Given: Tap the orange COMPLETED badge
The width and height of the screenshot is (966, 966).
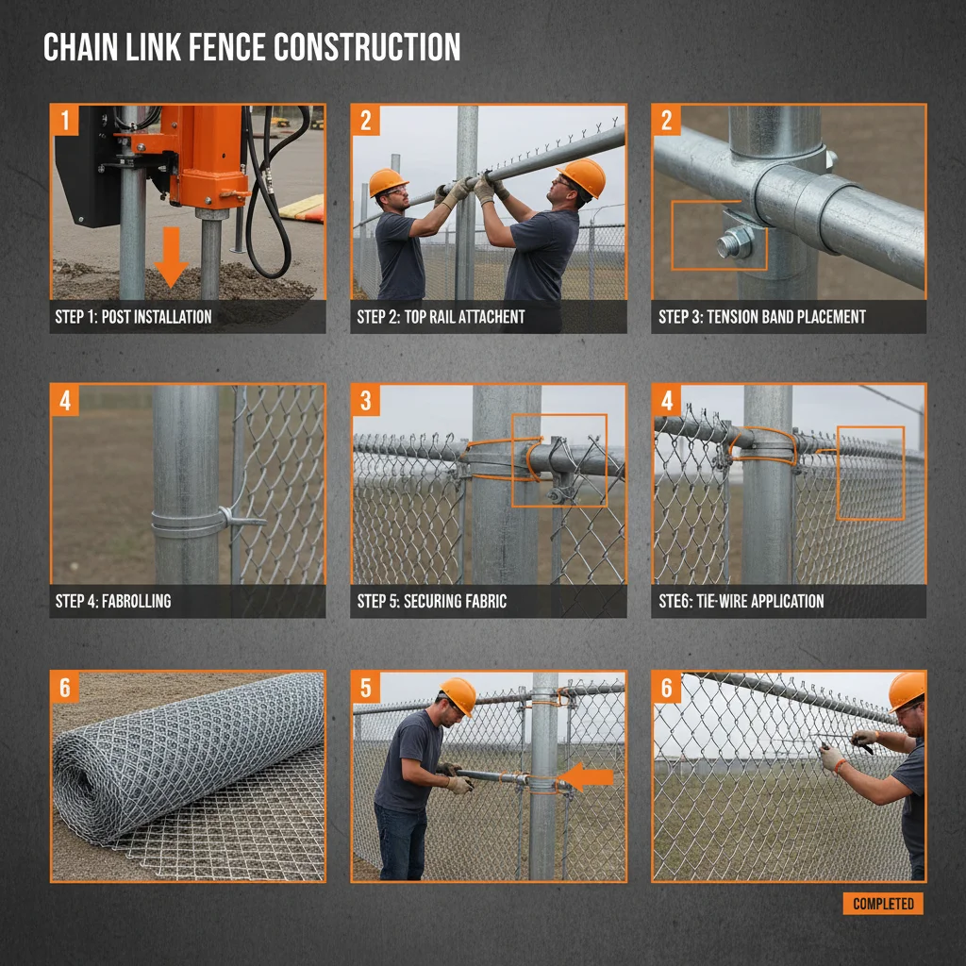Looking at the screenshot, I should (x=883, y=904).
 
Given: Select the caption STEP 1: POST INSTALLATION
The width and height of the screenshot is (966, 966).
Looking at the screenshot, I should (x=133, y=317).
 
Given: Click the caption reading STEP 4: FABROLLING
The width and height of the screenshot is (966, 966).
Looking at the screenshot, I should (x=113, y=601).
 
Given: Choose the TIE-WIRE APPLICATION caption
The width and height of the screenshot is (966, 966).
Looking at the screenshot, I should (x=741, y=601).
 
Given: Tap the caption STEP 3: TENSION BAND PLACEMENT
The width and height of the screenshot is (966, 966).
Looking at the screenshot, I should (x=761, y=317).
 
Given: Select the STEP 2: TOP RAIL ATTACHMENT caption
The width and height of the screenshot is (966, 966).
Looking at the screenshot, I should (x=441, y=317).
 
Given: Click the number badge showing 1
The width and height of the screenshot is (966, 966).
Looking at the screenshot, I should (x=65, y=120).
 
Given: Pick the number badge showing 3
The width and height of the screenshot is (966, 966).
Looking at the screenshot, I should (x=366, y=401).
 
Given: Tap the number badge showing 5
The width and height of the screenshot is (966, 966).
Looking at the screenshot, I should (x=366, y=688).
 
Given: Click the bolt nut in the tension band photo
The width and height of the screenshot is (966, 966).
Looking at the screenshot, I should (x=733, y=244).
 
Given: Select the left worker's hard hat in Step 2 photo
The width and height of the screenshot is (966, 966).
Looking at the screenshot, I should (x=388, y=181).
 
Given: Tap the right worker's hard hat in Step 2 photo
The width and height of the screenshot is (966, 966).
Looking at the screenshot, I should (x=582, y=175).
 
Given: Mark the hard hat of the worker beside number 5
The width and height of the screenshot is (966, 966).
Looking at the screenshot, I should (x=458, y=695).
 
